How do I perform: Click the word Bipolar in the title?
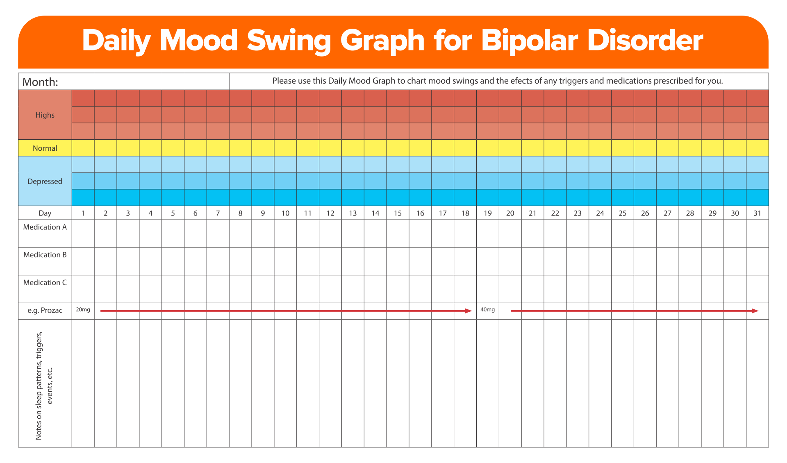tap(530, 41)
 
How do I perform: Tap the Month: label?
tap(40, 82)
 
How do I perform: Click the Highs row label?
tap(45, 115)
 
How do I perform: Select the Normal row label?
tap(45, 148)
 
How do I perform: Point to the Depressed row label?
tap(45, 182)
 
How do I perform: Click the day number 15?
tap(398, 213)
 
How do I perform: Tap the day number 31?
tap(757, 213)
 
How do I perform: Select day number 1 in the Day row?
tap(83, 213)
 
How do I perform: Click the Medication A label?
tap(45, 227)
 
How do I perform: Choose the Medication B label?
tap(45, 255)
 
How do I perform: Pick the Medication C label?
tap(45, 283)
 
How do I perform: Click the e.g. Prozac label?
tap(45, 311)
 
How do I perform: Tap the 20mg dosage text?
tap(83, 310)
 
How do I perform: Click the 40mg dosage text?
tap(487, 310)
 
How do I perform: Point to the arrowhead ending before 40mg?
tap(469, 311)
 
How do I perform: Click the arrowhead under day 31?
tap(755, 311)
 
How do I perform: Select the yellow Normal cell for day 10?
tap(285, 148)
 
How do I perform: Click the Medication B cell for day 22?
tap(555, 261)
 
